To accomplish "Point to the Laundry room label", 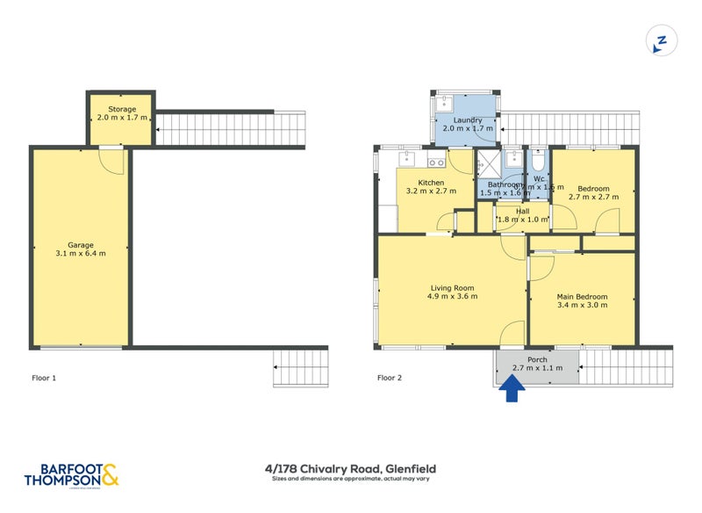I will (x=466, y=119).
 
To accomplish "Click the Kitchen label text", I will (x=419, y=182).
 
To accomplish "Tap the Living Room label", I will (x=452, y=287).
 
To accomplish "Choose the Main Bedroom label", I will (x=582, y=296).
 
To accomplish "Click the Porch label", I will (x=536, y=359).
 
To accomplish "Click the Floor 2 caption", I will (x=390, y=379).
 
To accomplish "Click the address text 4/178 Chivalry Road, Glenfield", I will (x=351, y=469).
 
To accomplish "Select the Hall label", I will (x=522, y=211).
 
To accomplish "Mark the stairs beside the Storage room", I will (x=231, y=129).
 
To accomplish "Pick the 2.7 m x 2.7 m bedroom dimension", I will (x=594, y=197).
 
